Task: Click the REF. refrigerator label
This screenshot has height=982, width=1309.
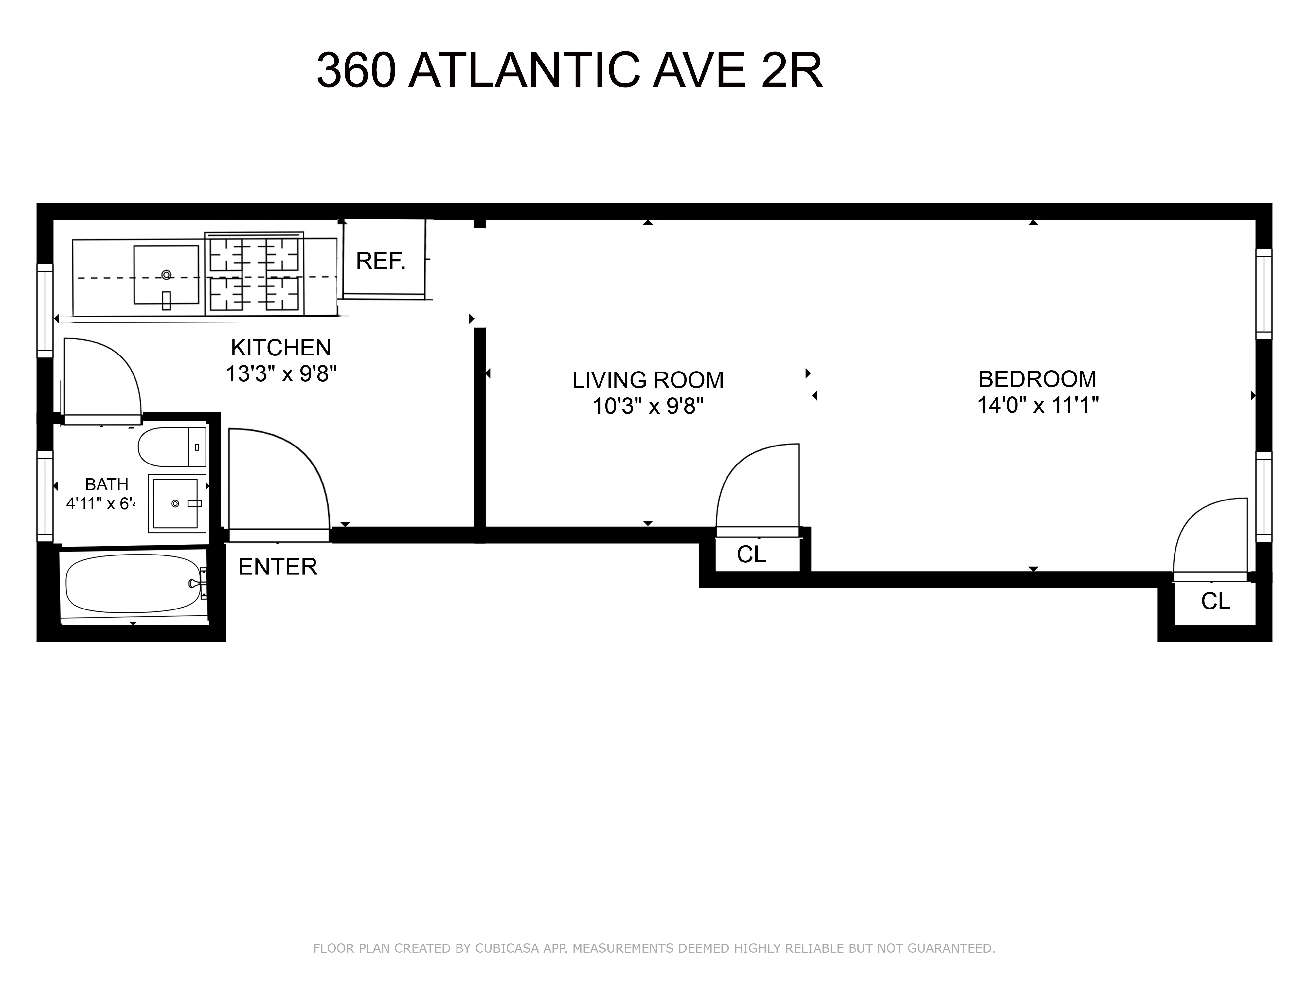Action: pyautogui.click(x=381, y=261)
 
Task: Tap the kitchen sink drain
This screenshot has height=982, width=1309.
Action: pyautogui.click(x=166, y=275)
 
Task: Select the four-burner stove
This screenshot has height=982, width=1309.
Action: pyautogui.click(x=255, y=273)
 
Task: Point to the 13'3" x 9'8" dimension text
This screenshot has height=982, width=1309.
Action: pyautogui.click(x=281, y=374)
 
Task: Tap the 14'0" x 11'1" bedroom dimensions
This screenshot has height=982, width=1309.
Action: pyautogui.click(x=1037, y=406)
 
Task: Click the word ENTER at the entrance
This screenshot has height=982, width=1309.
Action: pyautogui.click(x=278, y=567)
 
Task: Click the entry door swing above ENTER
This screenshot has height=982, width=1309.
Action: pyautogui.click(x=278, y=480)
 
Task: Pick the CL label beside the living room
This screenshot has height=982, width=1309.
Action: pyautogui.click(x=751, y=555)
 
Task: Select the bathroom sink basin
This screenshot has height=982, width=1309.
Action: pyautogui.click(x=175, y=503)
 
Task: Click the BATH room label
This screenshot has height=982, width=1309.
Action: pyautogui.click(x=106, y=484)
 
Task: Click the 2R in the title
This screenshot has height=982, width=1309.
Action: pyautogui.click(x=791, y=70)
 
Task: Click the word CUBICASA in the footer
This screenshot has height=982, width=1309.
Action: pyautogui.click(x=507, y=948)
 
